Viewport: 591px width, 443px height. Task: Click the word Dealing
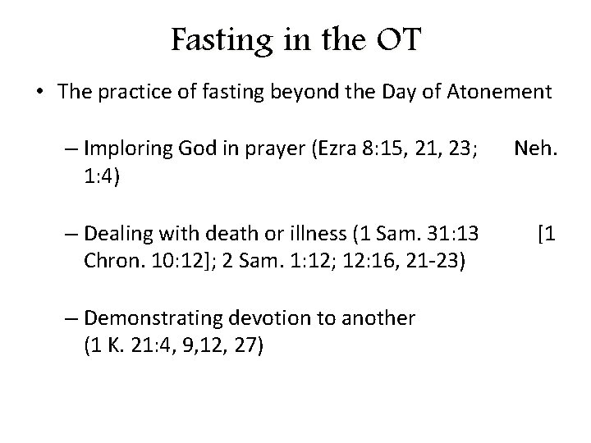117,235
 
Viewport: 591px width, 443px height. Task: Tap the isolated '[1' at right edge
547,235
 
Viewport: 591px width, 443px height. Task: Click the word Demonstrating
151,318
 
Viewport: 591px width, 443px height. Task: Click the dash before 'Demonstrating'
71,318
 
